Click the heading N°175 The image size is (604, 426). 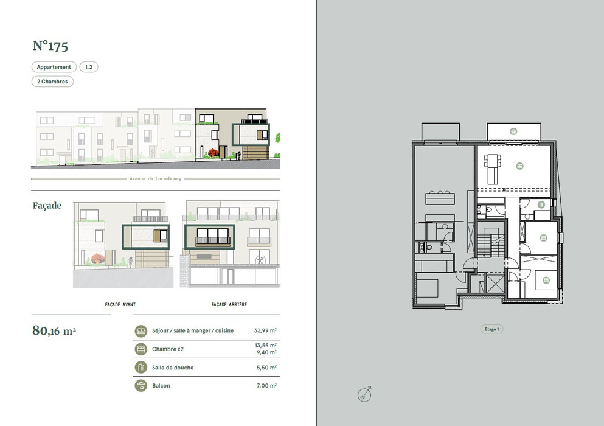[50, 46]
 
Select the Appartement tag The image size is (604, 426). [54, 67]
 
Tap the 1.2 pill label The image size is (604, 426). [89, 67]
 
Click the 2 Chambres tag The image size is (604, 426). [52, 82]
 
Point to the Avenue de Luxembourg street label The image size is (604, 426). [155, 179]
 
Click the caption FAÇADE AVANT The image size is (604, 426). [120, 304]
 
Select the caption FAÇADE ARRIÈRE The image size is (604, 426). [229, 304]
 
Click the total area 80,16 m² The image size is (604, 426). [54, 331]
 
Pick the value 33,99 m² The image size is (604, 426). [265, 331]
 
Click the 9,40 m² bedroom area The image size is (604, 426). [266, 352]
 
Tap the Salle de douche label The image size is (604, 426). [173, 368]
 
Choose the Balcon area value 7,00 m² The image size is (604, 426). [266, 385]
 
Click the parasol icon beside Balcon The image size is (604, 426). [141, 385]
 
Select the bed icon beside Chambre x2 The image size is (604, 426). [141, 349]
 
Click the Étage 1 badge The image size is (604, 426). [491, 329]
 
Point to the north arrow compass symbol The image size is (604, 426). [364, 394]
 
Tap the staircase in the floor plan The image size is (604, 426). [491, 246]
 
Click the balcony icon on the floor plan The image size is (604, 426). [513, 131]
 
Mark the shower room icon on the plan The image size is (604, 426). [541, 204]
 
